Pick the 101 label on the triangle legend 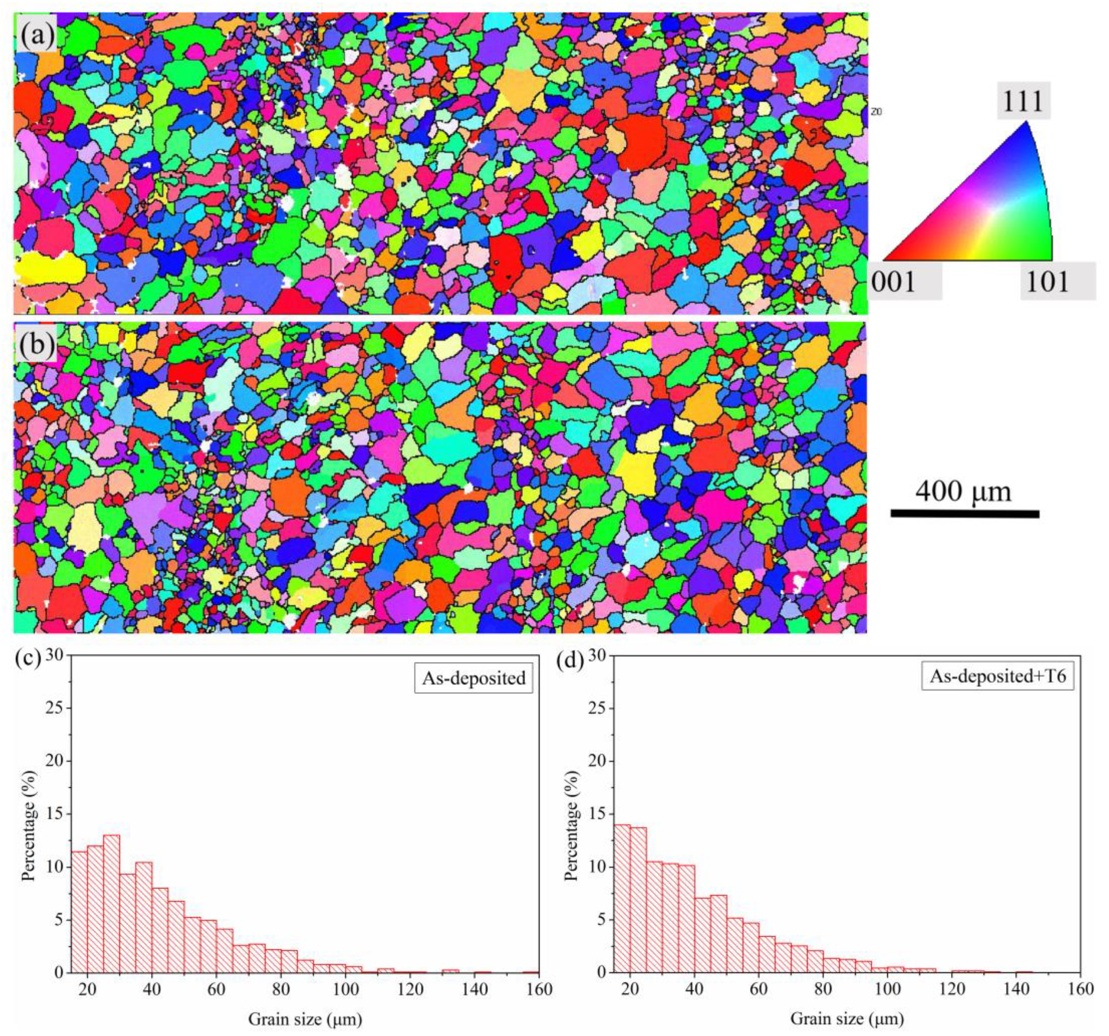[1048, 283]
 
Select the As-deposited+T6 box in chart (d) [997, 676]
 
